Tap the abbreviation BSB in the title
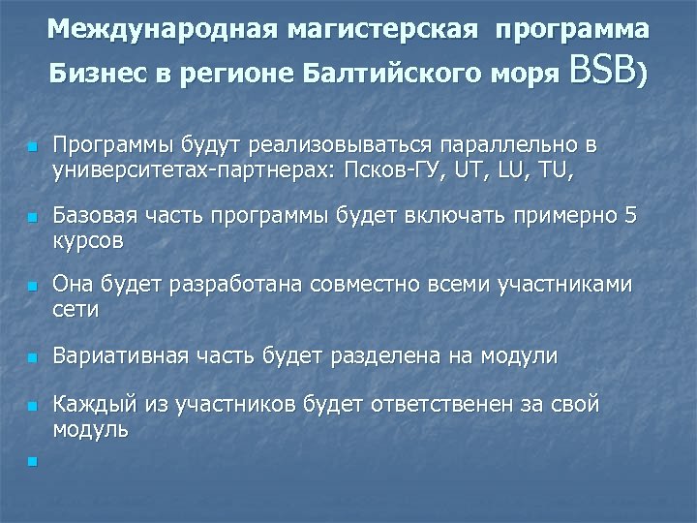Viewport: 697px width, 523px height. coord(604,70)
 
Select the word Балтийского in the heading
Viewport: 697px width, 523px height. coord(402,73)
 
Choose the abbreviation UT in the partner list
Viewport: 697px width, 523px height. coord(469,171)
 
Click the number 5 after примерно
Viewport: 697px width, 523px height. coord(630,215)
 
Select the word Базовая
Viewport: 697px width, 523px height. coord(95,215)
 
